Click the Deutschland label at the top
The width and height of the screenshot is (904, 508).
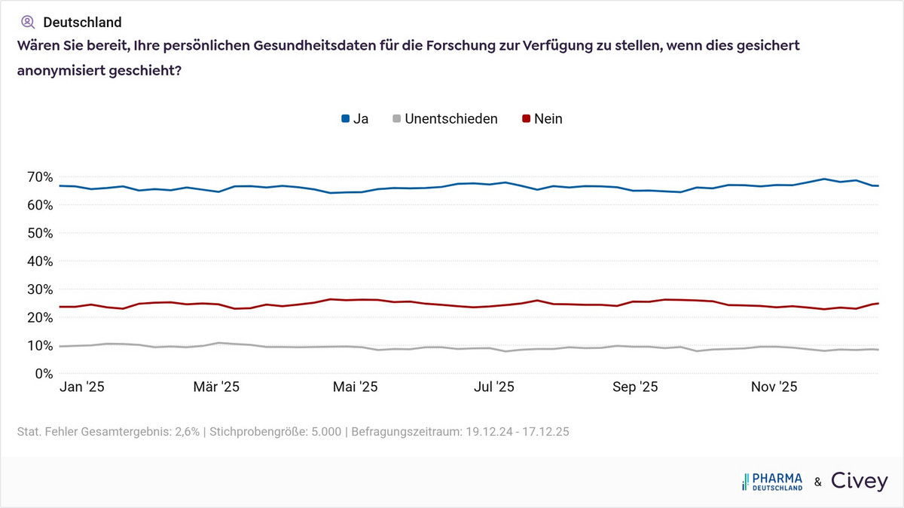coord(82,22)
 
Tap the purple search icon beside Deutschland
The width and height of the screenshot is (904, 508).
coord(28,22)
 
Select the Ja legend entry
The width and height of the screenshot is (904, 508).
coord(355,118)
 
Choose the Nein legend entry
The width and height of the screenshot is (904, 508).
coord(542,118)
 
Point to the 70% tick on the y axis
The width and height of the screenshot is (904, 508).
coord(37,177)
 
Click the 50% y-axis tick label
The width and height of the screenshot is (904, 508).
coord(37,233)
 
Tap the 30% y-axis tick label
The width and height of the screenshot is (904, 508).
coord(37,289)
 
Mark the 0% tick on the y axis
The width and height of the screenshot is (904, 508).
coord(41,374)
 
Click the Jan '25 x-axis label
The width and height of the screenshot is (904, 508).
coord(81,387)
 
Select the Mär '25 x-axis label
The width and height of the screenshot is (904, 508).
coord(216,387)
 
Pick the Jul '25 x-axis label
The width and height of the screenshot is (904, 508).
coord(493,387)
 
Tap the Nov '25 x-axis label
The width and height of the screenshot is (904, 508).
coord(774,387)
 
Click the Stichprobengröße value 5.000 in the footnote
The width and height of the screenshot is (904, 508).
coord(325,432)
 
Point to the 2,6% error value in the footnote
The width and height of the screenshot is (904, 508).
coord(185,432)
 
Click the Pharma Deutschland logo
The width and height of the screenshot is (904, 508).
coord(772,482)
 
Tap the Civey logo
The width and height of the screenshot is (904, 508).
coord(859,481)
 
